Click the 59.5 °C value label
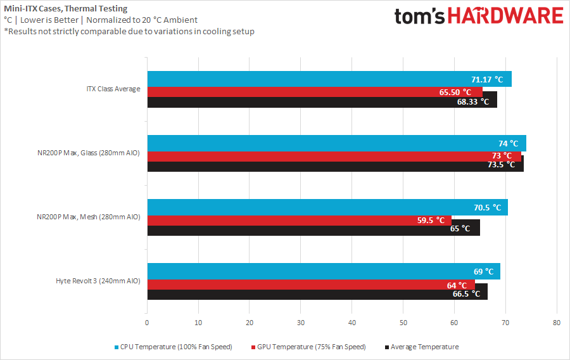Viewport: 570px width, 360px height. click(x=433, y=221)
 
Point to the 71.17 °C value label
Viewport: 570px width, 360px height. click(x=487, y=80)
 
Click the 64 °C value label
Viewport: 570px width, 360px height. click(x=457, y=285)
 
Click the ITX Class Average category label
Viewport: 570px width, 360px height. click(x=113, y=89)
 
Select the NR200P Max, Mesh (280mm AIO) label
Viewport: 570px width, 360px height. click(x=88, y=217)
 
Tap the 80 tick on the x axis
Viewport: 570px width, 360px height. click(x=556, y=323)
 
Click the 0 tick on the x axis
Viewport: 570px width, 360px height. click(x=147, y=323)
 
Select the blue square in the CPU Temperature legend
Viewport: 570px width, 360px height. click(x=117, y=347)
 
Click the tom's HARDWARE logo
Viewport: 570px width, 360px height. click(x=478, y=16)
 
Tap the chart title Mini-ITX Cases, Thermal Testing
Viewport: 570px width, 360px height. click(x=65, y=9)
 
